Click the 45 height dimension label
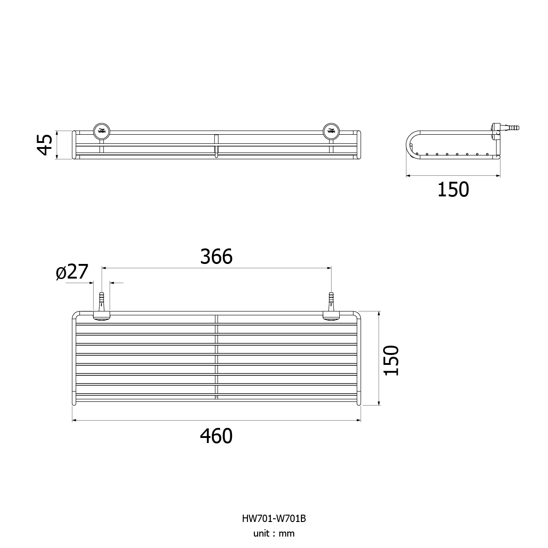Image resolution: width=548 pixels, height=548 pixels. point(45,145)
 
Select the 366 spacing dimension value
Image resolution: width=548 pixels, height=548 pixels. point(216,257)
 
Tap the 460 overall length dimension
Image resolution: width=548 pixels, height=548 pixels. point(216,436)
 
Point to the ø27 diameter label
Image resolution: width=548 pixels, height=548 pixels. point(72,272)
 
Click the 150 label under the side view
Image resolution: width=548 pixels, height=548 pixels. point(453,190)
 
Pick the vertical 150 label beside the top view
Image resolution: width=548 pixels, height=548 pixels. point(391,360)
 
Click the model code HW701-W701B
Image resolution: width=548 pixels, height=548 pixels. point(274,518)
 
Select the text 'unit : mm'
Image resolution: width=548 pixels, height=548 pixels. point(274,533)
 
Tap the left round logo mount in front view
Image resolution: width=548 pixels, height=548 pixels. point(101,131)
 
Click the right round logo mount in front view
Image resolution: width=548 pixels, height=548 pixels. point(331,131)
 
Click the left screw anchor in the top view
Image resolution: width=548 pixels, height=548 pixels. point(101,302)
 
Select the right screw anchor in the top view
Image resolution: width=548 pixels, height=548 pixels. point(331,302)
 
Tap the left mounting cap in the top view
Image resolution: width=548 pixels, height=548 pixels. point(101,316)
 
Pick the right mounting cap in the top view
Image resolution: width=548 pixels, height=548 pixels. point(331,316)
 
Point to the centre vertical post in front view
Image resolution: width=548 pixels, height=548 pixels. point(216,146)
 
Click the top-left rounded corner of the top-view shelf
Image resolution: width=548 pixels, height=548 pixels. point(75,314)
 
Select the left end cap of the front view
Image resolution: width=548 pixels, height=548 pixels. point(74,145)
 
